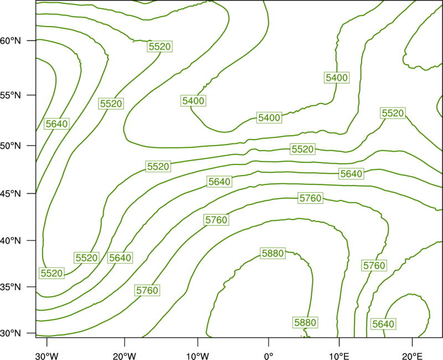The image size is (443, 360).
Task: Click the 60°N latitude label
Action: coord(11,41)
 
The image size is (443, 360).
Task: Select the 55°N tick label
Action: coord(11,95)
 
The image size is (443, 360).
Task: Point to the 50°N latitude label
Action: coord(11,146)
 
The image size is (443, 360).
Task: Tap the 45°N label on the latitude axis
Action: coord(11,193)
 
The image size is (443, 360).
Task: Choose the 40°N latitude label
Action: coord(11,241)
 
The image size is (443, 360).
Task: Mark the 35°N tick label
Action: coord(11,287)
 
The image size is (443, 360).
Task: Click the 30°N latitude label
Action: coord(11,333)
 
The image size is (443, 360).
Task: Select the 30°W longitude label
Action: coord(47,356)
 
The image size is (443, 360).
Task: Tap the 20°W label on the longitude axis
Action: coord(124,356)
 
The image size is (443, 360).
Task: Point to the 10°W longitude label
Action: coord(198,356)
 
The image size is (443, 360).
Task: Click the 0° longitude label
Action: coord(269,356)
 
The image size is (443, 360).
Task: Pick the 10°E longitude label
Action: coord(339,356)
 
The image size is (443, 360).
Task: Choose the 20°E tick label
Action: coord(412,356)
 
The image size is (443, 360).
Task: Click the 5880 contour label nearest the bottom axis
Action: coord(305,322)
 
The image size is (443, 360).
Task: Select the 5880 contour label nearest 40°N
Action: coord(273,254)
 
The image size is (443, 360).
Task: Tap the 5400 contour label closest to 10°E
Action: coord(337,78)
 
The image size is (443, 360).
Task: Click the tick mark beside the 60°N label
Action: coord(32,40)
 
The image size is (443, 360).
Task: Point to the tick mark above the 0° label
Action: coord(269,341)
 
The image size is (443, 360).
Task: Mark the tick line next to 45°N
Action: coord(32,193)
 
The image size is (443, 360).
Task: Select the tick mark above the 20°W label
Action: coord(124,341)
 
